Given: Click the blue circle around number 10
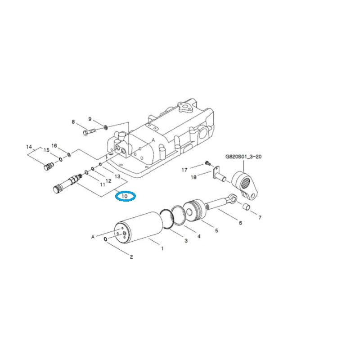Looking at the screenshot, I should click(126, 196).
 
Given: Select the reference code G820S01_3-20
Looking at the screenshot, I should click(243, 157).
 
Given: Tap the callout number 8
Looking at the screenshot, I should click(73, 121).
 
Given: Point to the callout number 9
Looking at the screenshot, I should click(90, 119).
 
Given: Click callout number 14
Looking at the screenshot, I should click(29, 147).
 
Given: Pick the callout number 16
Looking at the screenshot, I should click(54, 146).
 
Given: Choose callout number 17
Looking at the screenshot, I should click(184, 170).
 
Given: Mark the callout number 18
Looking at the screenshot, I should click(193, 177).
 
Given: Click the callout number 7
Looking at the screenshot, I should click(259, 218).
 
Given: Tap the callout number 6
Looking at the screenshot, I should click(240, 223).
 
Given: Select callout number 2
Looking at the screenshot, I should click(131, 257).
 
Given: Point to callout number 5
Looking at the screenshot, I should click(216, 230).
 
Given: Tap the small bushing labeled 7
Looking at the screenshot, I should click(246, 207).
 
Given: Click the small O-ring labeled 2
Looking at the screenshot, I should click(105, 239).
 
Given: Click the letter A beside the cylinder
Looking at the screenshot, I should click(94, 236).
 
